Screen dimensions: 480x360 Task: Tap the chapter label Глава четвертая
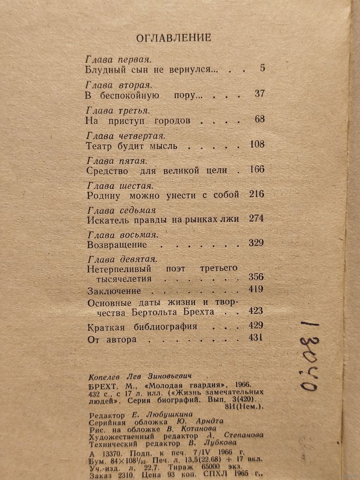126,136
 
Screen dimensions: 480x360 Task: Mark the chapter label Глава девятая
123,259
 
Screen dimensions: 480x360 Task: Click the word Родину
102,196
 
